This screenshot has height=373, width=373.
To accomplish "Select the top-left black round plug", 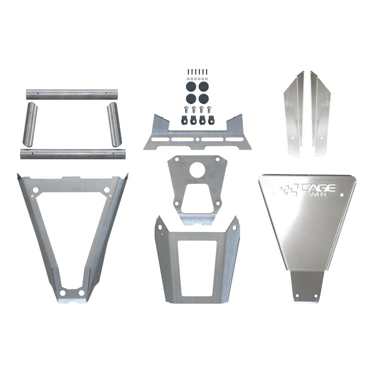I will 191,87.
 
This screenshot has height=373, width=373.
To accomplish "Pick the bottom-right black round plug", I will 203,98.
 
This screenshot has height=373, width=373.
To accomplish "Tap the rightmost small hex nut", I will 207,79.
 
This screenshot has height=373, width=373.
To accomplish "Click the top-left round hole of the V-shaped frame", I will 36,191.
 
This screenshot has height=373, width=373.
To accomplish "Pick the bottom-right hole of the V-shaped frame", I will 81,293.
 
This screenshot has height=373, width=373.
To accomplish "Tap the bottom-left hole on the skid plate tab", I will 297,295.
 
